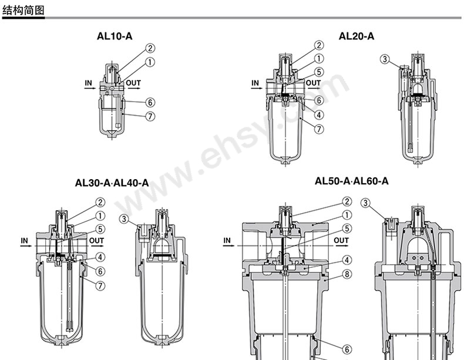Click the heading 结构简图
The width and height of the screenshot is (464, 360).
pyautogui.click(x=23, y=9)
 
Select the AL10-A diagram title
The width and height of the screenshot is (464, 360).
pyautogui.click(x=115, y=36)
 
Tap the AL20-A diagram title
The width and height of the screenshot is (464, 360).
pyautogui.click(x=357, y=36)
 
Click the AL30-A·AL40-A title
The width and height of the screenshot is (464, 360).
pyautogui.click(x=112, y=183)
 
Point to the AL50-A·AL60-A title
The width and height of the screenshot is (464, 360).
pyautogui.click(x=352, y=181)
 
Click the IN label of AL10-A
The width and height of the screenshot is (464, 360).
pyautogui.click(x=88, y=83)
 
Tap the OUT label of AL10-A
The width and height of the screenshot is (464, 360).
pyautogui.click(x=133, y=83)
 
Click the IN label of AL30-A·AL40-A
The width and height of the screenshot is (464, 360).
pyautogui.click(x=25, y=240)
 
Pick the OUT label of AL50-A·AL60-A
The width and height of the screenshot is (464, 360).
pyautogui.click(x=341, y=240)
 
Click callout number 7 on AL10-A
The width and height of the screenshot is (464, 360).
pyautogui.click(x=150, y=116)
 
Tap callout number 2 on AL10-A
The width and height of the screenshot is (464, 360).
pyautogui.click(x=150, y=49)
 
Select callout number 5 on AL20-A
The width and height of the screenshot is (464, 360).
pyautogui.click(x=319, y=72)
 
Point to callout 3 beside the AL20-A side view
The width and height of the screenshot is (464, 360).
pyautogui.click(x=385, y=59)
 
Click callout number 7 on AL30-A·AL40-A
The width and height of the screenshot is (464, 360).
pyautogui.click(x=100, y=285)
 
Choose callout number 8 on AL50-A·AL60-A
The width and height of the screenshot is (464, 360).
pyautogui.click(x=347, y=273)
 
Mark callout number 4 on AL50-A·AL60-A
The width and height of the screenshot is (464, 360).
pyautogui.click(x=347, y=260)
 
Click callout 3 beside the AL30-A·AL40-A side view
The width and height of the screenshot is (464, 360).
pyautogui.click(x=124, y=219)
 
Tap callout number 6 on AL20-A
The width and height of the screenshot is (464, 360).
pyautogui.click(x=319, y=100)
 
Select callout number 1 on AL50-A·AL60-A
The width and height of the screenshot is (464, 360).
pyautogui.click(x=347, y=216)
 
